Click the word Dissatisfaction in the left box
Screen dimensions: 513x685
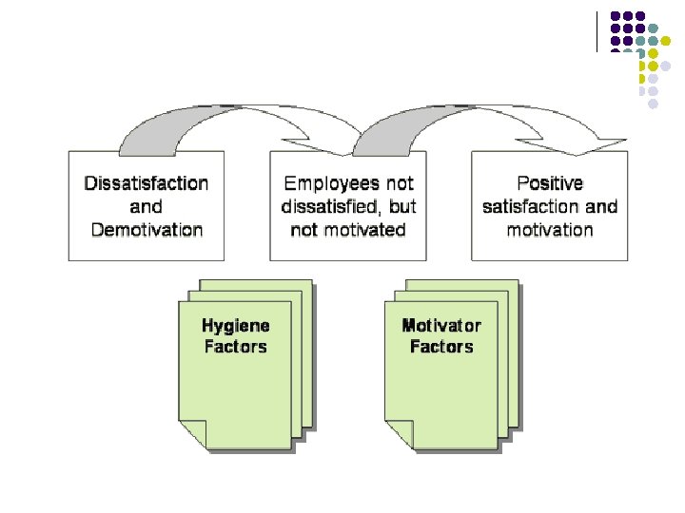coord(147,182)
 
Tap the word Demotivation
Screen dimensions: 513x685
coord(147,229)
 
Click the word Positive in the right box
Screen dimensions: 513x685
coord(550,182)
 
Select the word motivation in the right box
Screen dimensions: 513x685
coord(550,229)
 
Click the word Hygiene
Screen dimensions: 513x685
coord(236,326)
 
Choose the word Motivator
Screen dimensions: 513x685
coord(441,326)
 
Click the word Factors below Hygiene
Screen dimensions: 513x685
coord(236,347)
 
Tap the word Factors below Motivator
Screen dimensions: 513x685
coord(441,347)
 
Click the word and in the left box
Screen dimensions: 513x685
coord(147,206)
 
